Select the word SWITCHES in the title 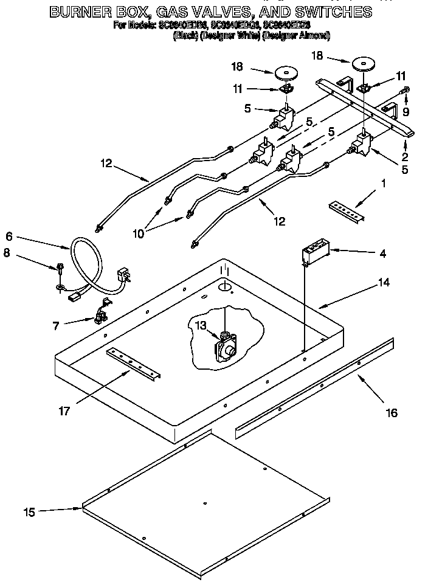(x=333, y=11)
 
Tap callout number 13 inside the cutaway (x=201, y=325)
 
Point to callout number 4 (x=382, y=253)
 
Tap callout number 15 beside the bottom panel (x=29, y=513)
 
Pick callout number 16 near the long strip (x=392, y=413)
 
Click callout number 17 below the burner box (x=64, y=411)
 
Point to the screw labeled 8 (x=61, y=267)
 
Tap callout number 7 (x=56, y=326)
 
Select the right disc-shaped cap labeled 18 (x=364, y=63)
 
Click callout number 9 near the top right (x=406, y=111)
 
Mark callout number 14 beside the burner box (x=384, y=282)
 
